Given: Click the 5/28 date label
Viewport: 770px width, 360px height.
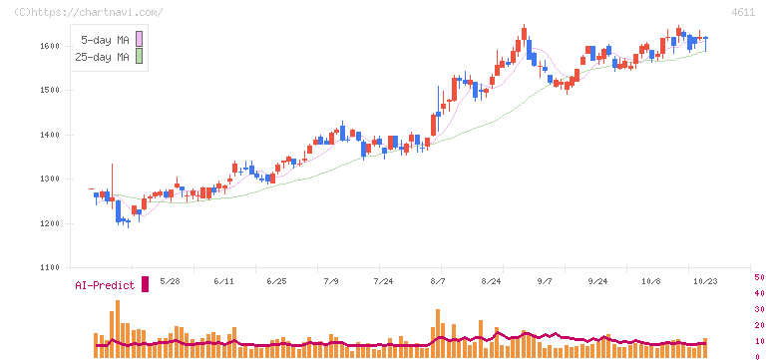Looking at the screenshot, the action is [x=170, y=282].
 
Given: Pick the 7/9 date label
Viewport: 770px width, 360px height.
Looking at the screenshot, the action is [x=331, y=282].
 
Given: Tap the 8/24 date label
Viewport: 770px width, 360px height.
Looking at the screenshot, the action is [x=490, y=282].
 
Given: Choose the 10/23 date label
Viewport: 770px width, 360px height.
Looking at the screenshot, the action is [x=705, y=282].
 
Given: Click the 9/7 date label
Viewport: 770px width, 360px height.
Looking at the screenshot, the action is [x=545, y=282].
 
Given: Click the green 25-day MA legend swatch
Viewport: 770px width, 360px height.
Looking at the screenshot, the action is [x=140, y=57].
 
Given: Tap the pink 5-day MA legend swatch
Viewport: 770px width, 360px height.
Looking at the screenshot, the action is [x=140, y=39].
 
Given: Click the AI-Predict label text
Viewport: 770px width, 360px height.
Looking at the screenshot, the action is [x=105, y=285].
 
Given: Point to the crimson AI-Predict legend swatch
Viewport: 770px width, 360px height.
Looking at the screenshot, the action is [x=145, y=284].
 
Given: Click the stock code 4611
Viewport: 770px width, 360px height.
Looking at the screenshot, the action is [x=743, y=13].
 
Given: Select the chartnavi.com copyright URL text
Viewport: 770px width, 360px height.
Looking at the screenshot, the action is [x=88, y=12].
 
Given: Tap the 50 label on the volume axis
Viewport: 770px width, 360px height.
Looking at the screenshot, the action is [x=759, y=278].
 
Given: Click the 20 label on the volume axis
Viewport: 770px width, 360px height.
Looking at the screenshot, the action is [x=759, y=325].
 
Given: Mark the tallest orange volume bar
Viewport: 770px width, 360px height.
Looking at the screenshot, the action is [x=118, y=328].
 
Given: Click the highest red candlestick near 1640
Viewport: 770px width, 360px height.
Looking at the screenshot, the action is [x=524, y=33].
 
